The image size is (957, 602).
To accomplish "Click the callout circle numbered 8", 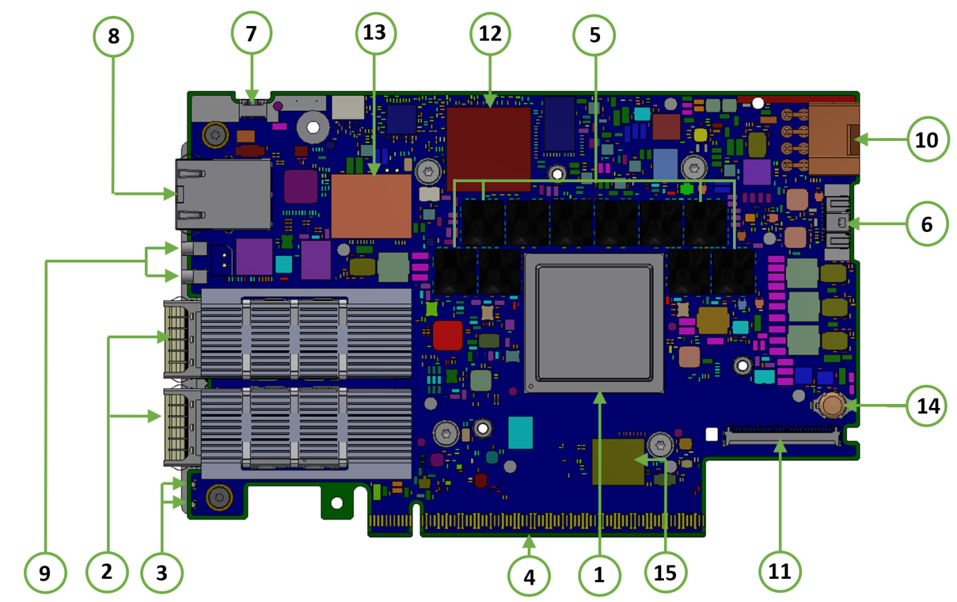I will [x=113, y=36].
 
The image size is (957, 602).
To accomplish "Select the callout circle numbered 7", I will [x=251, y=34].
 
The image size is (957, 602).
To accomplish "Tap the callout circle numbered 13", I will [x=375, y=33].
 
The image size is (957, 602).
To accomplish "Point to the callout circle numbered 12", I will [x=490, y=34].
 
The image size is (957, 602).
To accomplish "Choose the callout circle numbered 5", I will [x=594, y=35].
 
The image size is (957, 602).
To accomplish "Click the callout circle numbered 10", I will [x=927, y=140].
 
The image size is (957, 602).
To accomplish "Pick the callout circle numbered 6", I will [x=927, y=225].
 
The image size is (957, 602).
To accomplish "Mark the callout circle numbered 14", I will [x=928, y=405].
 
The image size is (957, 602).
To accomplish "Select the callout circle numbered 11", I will [x=780, y=571].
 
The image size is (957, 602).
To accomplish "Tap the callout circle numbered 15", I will [x=665, y=572].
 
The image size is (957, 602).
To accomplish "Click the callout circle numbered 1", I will [x=599, y=575].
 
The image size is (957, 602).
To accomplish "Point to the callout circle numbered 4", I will [x=529, y=576].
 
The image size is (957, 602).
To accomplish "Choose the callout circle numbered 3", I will [x=161, y=572].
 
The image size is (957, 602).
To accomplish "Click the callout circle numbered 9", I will [x=45, y=573].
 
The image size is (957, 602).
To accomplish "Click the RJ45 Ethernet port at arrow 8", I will [x=223, y=194].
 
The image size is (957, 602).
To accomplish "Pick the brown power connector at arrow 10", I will [x=833, y=140].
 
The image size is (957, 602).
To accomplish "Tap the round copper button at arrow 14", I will [x=831, y=404].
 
